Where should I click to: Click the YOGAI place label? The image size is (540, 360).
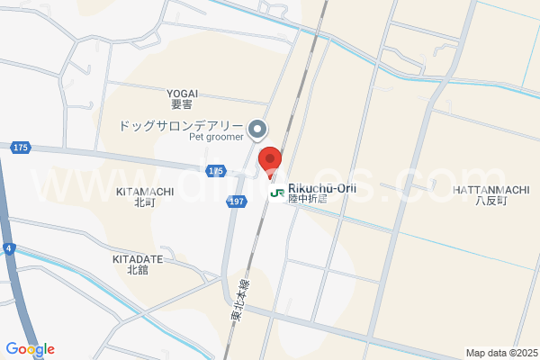tap(182, 93)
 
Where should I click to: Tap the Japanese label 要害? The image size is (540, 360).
tap(182, 104)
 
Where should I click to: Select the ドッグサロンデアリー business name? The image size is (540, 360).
tap(182, 126)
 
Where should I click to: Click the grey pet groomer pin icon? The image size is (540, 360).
tap(258, 130)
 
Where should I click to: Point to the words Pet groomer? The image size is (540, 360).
tap(216, 138)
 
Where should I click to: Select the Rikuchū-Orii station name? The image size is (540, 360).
tap(322, 188)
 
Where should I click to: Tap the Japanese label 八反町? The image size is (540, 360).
tap(491, 201)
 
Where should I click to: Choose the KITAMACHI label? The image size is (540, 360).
tap(145, 192)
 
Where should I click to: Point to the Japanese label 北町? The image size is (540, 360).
tap(145, 203)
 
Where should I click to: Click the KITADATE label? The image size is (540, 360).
tap(138, 258)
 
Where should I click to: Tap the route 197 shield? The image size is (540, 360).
tap(234, 203)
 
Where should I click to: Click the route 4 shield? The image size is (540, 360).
tap(7, 247)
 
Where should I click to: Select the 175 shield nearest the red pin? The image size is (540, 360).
tap(215, 170)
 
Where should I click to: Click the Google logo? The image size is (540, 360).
tap(30, 349)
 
